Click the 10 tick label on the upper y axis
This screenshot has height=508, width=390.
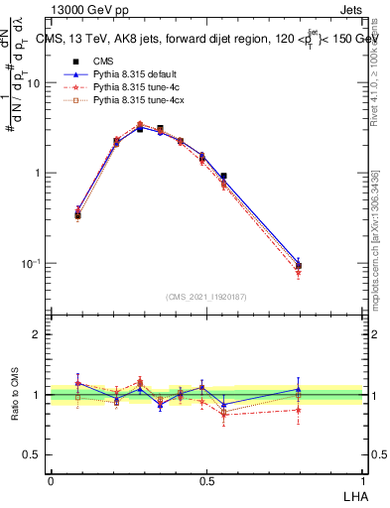coord(33,83)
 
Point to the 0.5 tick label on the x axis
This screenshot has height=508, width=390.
coord(205,479)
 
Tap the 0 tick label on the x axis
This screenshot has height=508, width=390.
coord(51,479)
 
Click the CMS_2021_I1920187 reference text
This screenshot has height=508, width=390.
coord(205,296)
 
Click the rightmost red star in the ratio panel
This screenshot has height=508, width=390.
coord(298,410)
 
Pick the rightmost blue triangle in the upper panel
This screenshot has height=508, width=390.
coord(298,263)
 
